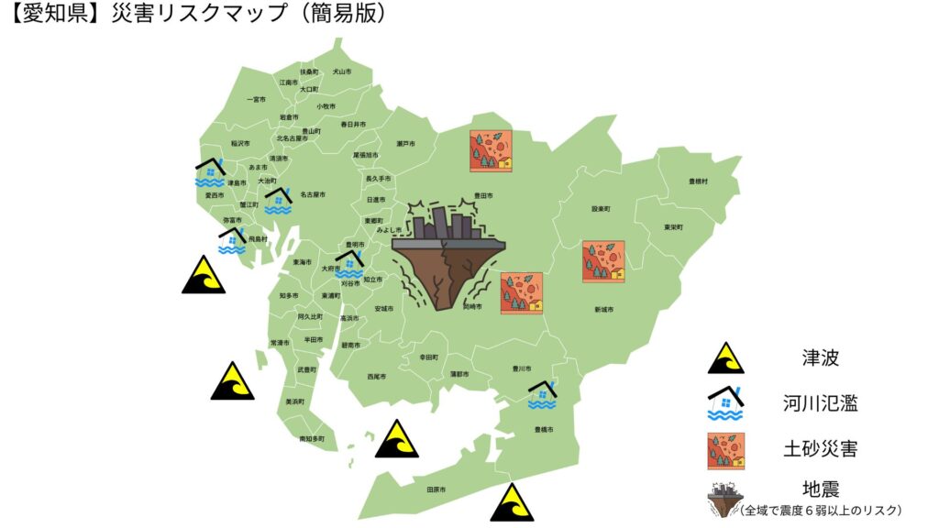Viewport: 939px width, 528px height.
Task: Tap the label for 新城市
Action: coord(603,309)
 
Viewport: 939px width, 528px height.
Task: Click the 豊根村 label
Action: coord(699,181)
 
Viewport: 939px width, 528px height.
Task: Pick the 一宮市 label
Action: coord(256,99)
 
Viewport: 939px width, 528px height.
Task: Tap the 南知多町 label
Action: coord(312,439)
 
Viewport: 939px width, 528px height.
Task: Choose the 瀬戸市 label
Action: coord(406,144)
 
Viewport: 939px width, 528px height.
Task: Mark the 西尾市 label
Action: coord(377,376)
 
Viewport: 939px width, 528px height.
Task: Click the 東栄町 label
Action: coord(674,226)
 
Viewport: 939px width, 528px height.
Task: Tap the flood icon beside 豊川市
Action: coord(543,394)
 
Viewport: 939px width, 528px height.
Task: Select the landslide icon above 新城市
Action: coord(603,261)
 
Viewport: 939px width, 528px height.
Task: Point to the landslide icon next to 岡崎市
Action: coord(521,293)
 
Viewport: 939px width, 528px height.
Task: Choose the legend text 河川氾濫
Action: coord(821,403)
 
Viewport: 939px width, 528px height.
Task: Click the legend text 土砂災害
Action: coord(821,449)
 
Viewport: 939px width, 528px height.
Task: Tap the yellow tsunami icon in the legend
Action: coord(725,357)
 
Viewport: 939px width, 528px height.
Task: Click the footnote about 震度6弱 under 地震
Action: coord(821,510)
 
